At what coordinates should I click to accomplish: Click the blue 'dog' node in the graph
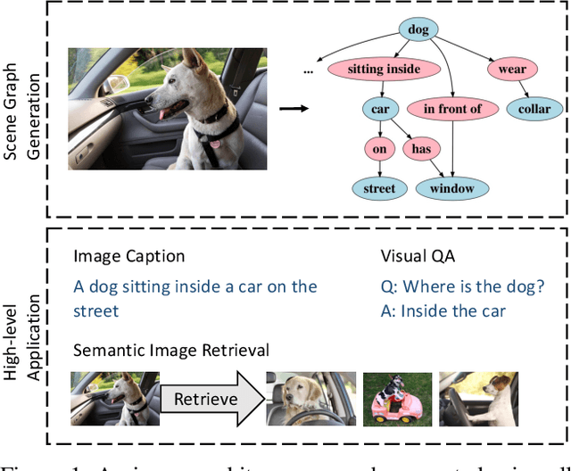tap(418, 29)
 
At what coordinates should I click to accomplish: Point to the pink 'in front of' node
tap(452, 109)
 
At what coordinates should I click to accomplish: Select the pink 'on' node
tap(379, 149)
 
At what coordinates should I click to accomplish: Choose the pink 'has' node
tap(420, 149)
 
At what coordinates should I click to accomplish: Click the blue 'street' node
tap(379, 188)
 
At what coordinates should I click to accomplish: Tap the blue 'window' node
tap(452, 188)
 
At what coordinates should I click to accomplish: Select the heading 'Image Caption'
tap(128, 257)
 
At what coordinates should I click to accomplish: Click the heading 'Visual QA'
tap(418, 257)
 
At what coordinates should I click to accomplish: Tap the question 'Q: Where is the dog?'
tap(461, 286)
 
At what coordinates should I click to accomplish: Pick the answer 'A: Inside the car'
tap(443, 311)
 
